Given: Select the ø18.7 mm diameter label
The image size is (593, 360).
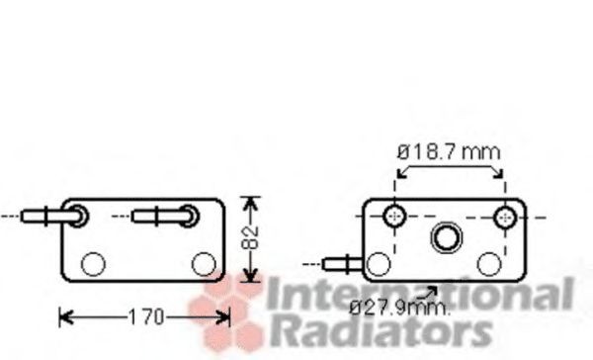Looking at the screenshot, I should pos(449,152).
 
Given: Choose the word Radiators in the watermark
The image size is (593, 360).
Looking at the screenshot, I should pos(381,331).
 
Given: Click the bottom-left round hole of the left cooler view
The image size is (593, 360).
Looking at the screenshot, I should pos(92,264).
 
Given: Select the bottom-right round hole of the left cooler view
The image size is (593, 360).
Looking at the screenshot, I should pos(204,263).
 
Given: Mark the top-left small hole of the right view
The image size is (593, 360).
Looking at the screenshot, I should pos(395,216).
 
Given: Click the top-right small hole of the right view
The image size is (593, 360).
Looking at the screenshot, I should pos(506,216).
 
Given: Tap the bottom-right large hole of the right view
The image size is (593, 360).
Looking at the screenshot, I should pos(489,263).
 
